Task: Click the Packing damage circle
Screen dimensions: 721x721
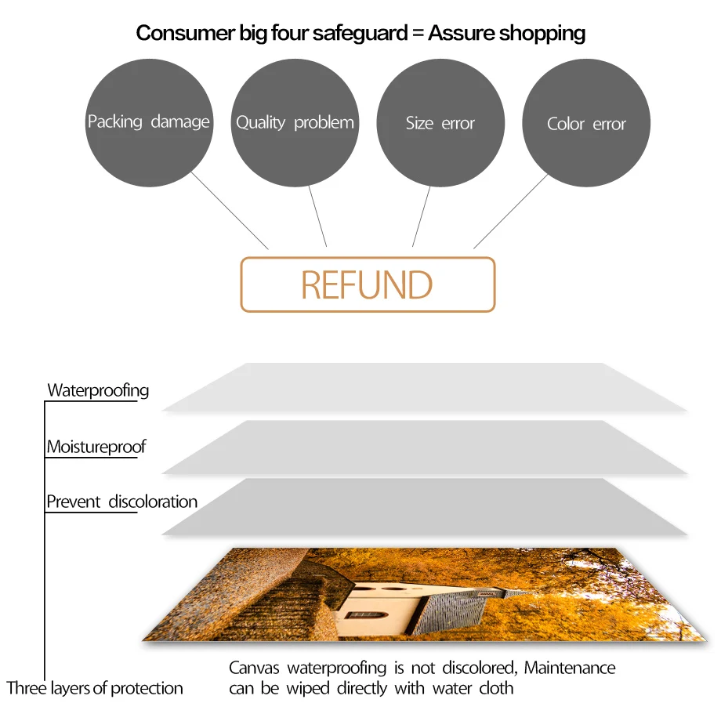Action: click(149, 123)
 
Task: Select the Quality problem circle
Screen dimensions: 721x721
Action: click(295, 123)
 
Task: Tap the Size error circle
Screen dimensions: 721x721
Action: click(440, 123)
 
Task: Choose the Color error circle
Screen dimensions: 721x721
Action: click(586, 123)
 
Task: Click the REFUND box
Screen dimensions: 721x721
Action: click(368, 284)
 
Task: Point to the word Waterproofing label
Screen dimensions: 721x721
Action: click(98, 390)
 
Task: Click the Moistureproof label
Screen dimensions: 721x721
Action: click(96, 447)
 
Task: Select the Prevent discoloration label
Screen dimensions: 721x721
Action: click(121, 502)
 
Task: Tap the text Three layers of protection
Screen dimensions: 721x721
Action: click(95, 689)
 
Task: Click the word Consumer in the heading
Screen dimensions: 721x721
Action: click(173, 33)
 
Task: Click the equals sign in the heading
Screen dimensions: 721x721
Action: click(418, 34)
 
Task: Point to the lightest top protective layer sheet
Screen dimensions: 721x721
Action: click(423, 386)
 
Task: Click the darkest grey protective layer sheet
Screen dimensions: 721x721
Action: click(423, 506)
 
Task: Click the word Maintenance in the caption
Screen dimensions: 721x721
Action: click(570, 668)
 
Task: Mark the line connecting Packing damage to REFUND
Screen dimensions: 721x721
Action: click(231, 212)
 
